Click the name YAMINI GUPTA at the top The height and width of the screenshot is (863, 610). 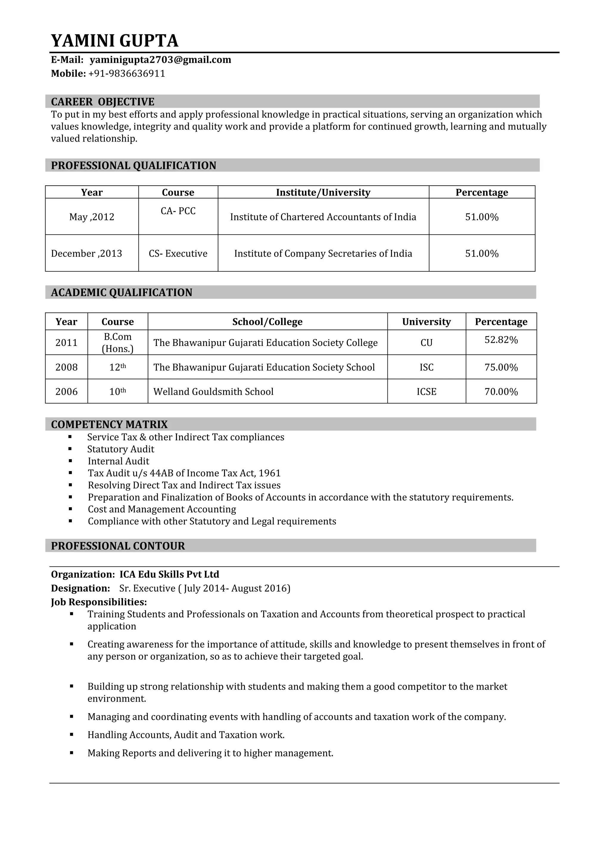115,41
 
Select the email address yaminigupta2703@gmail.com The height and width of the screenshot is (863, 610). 160,60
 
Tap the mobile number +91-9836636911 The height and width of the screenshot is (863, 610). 127,74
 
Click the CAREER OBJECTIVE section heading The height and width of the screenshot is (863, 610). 102,102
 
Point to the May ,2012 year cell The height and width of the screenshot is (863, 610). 92,217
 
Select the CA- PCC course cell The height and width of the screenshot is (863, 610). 178,211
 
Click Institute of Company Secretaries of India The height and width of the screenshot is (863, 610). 323,253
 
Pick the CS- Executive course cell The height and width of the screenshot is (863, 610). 178,253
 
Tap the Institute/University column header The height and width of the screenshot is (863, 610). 323,193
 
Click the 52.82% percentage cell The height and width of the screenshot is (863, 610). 501,340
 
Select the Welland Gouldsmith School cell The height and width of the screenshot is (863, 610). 213,392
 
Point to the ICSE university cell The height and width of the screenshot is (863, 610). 426,392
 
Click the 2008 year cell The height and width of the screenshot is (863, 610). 66,367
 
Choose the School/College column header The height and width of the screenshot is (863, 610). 267,322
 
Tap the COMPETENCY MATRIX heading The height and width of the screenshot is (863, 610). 109,424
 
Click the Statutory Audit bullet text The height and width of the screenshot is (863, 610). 121,449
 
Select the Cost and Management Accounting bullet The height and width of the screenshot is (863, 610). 162,509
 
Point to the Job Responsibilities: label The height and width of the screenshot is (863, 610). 99,602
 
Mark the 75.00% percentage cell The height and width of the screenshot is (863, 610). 501,367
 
